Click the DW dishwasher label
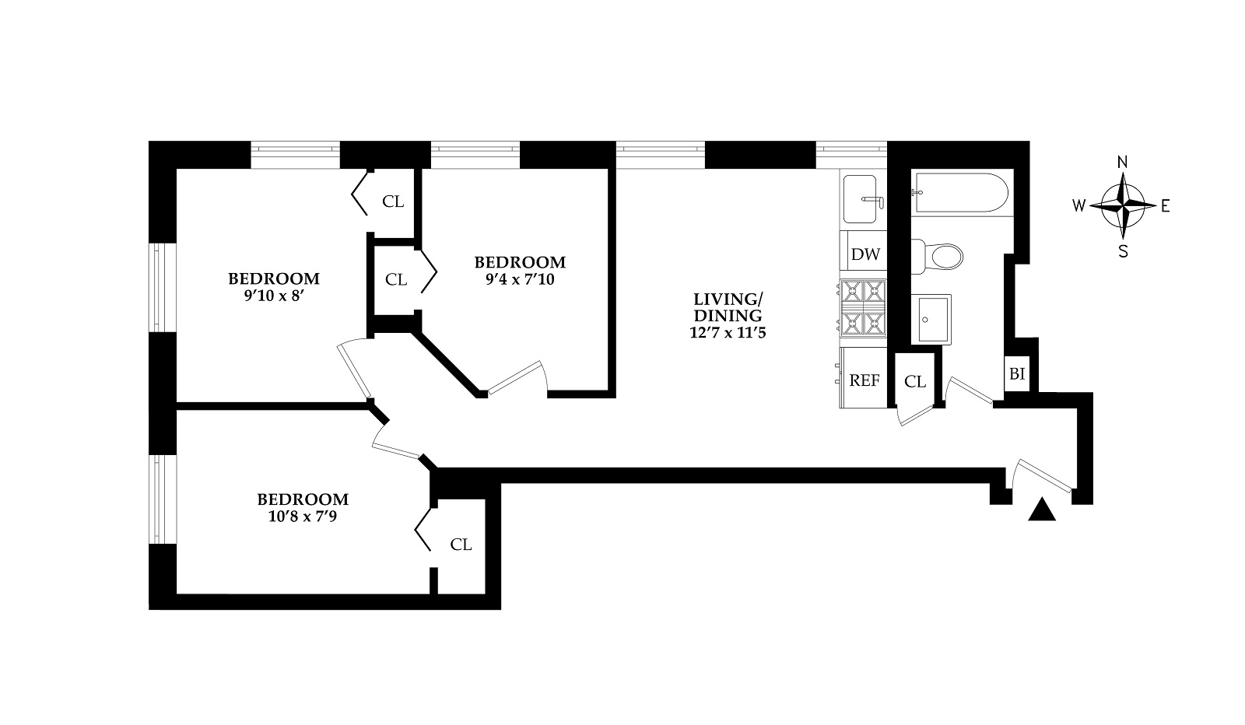coord(865,254)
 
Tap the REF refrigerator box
coord(864,380)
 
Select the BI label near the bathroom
coord(1017,374)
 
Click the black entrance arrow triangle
coord(1041,510)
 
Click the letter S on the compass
coord(1122,251)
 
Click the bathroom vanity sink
coord(931,319)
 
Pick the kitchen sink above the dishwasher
coord(864,200)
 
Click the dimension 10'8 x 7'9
coord(303,516)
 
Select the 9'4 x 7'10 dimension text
coord(520,279)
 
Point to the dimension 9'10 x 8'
coord(273,296)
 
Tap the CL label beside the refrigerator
coord(915,382)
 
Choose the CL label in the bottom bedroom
coord(461,545)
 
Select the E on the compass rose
coord(1165,206)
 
